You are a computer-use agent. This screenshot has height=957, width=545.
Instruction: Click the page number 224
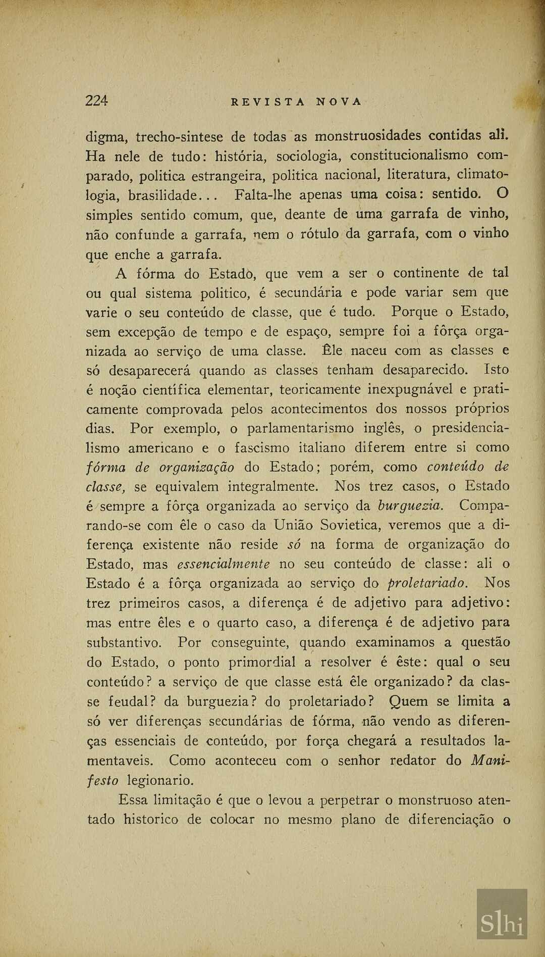click(96, 100)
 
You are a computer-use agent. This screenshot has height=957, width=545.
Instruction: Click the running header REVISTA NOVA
click(296, 102)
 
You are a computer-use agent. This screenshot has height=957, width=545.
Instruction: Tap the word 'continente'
click(426, 273)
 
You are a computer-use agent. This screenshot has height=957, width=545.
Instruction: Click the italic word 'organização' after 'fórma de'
click(197, 468)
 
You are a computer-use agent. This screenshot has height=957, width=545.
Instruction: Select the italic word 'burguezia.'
click(410, 506)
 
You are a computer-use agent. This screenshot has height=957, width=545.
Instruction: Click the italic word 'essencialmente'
click(224, 564)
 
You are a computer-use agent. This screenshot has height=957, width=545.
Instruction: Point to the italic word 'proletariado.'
click(427, 583)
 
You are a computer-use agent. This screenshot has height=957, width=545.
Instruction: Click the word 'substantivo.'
click(124, 643)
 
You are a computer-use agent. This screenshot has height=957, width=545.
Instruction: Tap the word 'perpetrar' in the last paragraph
click(350, 800)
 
